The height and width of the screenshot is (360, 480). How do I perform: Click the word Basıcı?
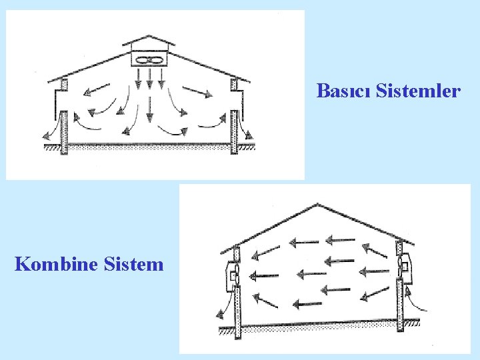pyautogui.click(x=343, y=91)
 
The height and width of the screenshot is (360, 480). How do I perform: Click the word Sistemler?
pyautogui.click(x=418, y=91)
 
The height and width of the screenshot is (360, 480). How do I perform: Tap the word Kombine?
pyautogui.click(x=57, y=265)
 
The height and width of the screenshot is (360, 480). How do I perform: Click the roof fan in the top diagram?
pyautogui.click(x=150, y=61)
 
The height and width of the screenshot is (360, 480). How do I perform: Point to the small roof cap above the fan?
pyautogui.click(x=149, y=42)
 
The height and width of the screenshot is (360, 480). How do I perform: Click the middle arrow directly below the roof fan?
pyautogui.click(x=150, y=80)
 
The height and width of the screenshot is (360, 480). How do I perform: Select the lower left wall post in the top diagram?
pyautogui.click(x=64, y=133)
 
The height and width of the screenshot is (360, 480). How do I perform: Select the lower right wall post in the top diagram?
pyautogui.click(x=234, y=133)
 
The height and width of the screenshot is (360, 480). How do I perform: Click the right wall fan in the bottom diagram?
pyautogui.click(x=403, y=267)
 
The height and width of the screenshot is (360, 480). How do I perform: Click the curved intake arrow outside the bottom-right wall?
pyautogui.click(x=417, y=303)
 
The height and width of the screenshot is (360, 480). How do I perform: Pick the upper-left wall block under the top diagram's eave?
pyautogui.click(x=64, y=86)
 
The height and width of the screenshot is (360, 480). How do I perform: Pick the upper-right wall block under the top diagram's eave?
pyautogui.click(x=234, y=85)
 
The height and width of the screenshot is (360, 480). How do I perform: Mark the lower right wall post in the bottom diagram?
pyautogui.click(x=399, y=307)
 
